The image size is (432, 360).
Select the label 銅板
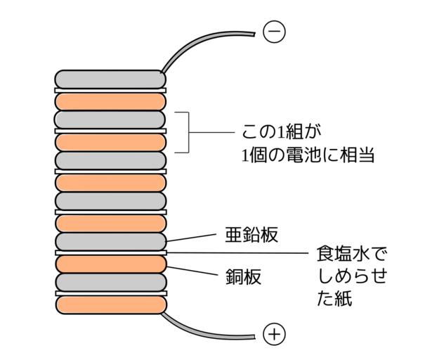pyautogui.click(x=242, y=276)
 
